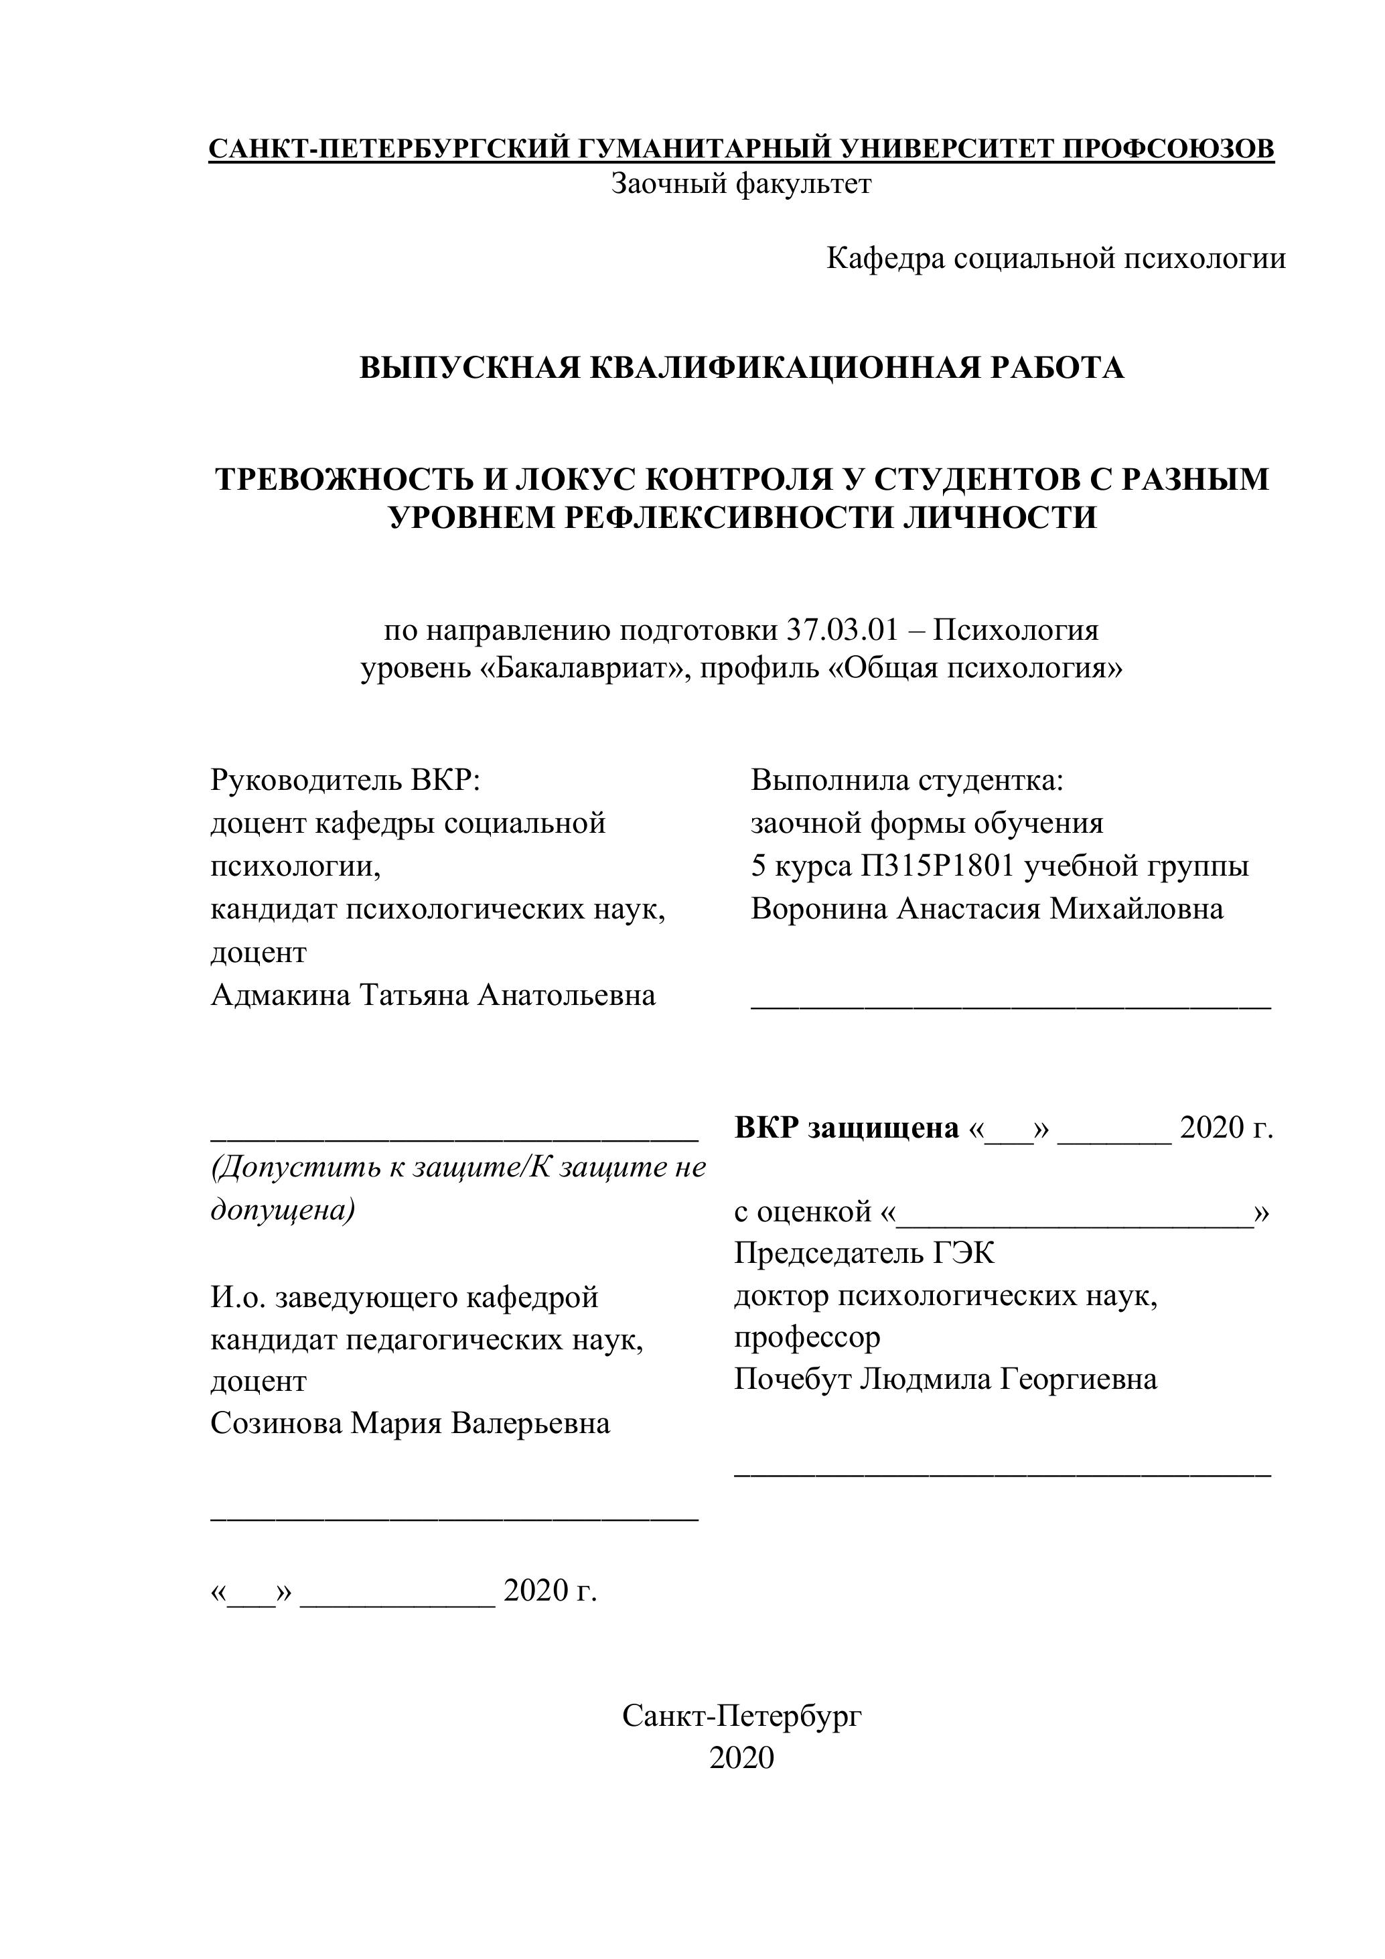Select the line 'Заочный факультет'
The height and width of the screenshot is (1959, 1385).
pyautogui.click(x=741, y=184)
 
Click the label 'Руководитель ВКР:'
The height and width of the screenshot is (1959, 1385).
pyautogui.click(x=346, y=780)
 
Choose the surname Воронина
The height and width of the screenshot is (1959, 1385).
pyautogui.click(x=818, y=908)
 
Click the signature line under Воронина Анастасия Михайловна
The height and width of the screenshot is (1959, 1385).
pyautogui.click(x=1011, y=1008)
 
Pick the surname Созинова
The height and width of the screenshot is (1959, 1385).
pyautogui.click(x=275, y=1423)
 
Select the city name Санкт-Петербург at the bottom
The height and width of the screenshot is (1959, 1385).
pyautogui.click(x=741, y=1715)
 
